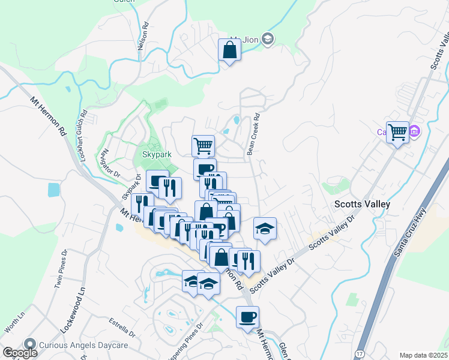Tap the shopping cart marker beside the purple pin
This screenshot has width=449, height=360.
click(397, 131)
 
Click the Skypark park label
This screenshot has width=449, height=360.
click(157, 154)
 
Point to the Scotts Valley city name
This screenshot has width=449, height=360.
click(362, 204)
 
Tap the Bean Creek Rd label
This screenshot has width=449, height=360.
click(253, 136)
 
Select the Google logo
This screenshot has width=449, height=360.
click(19, 353)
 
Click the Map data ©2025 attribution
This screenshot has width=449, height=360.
click(423, 355)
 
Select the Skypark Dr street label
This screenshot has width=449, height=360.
click(130, 187)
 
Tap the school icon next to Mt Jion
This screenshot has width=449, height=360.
click(268, 40)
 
